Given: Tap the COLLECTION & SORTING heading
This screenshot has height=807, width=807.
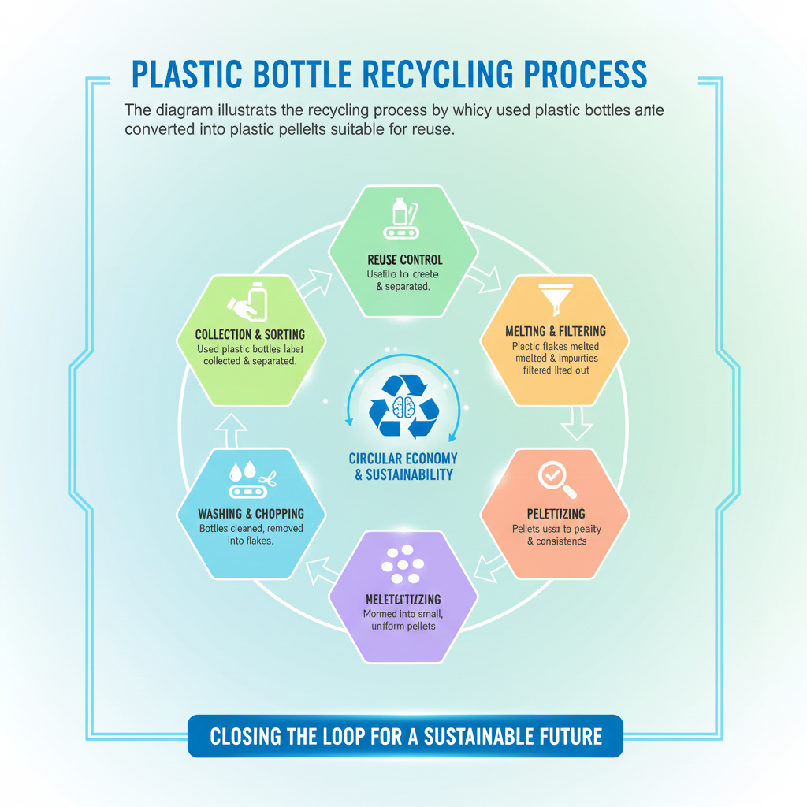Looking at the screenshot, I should pyautogui.click(x=250, y=335).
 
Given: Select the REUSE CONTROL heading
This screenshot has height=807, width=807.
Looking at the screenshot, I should pyautogui.click(x=405, y=259).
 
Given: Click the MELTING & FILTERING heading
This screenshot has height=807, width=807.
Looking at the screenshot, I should pyautogui.click(x=556, y=331).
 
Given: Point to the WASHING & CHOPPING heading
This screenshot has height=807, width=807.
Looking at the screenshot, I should pyautogui.click(x=250, y=514).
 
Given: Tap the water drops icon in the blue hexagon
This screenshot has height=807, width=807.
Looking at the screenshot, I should pyautogui.click(x=240, y=471).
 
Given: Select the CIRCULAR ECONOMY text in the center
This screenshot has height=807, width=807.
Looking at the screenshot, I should pyautogui.click(x=403, y=459).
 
